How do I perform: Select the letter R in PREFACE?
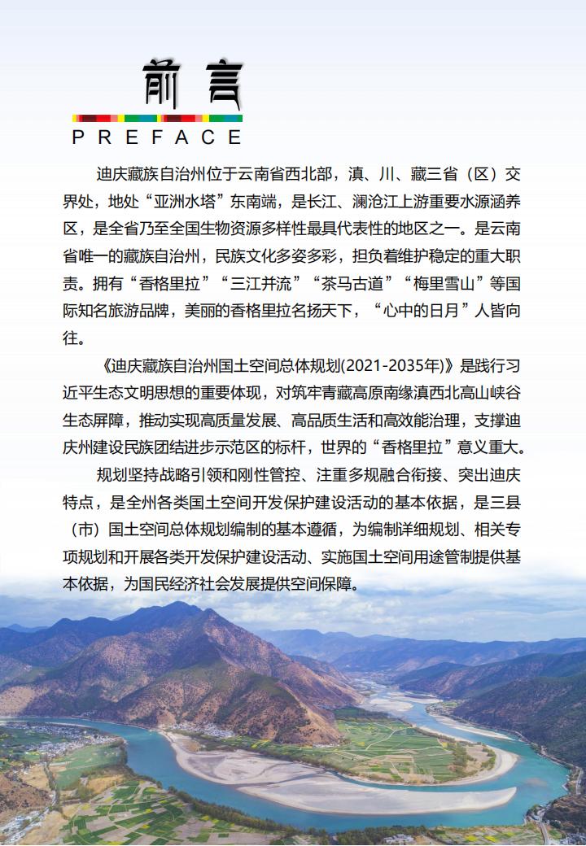coord(102,137)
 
